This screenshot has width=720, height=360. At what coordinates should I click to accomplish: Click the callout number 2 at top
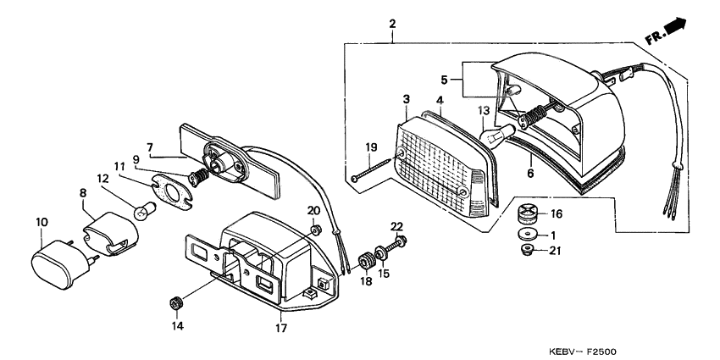(392, 23)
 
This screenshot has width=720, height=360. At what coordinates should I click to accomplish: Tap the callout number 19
(370, 147)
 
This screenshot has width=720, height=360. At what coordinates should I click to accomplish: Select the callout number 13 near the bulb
(485, 111)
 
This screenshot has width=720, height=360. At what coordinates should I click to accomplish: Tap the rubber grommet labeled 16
(529, 213)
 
